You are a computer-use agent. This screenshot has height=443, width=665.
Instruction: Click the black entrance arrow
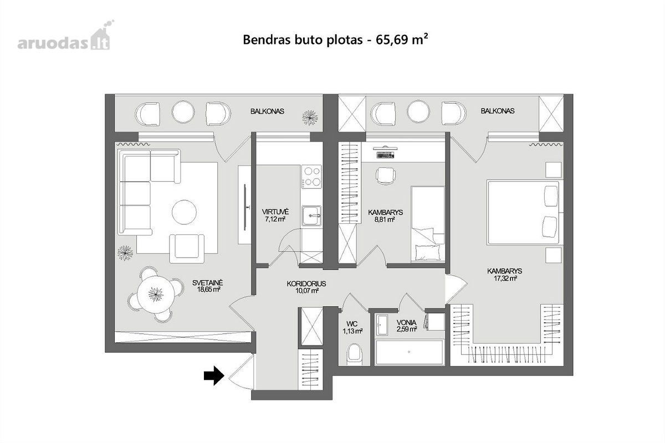point(214,375)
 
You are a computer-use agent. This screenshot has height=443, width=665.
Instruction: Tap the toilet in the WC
point(354,354)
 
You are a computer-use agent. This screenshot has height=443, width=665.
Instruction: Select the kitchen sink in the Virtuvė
point(311,215)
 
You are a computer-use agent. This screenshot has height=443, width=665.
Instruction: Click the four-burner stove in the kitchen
point(311,177)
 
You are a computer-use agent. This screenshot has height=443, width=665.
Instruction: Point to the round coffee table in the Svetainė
point(184,212)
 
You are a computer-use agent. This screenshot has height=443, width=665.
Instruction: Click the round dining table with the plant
point(156,295)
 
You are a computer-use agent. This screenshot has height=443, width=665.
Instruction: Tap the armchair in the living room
point(187,248)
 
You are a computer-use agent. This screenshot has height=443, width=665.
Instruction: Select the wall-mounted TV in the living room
point(245,207)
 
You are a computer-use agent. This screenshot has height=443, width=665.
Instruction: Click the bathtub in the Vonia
point(410,352)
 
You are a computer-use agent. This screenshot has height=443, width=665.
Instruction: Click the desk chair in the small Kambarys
point(386,176)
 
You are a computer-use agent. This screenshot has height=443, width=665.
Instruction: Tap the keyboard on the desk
point(385,154)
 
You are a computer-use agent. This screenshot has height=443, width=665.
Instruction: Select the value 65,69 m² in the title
point(402,39)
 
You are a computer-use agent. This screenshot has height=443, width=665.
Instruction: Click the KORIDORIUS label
point(306,284)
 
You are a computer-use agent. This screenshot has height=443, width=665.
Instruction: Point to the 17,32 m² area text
point(505,279)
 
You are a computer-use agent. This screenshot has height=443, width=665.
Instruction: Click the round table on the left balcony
point(183,112)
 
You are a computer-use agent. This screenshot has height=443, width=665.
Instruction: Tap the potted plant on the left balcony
point(310,117)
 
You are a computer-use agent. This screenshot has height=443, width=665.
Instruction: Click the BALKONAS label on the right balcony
point(498,111)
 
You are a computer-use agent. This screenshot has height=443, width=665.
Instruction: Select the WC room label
point(352,324)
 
